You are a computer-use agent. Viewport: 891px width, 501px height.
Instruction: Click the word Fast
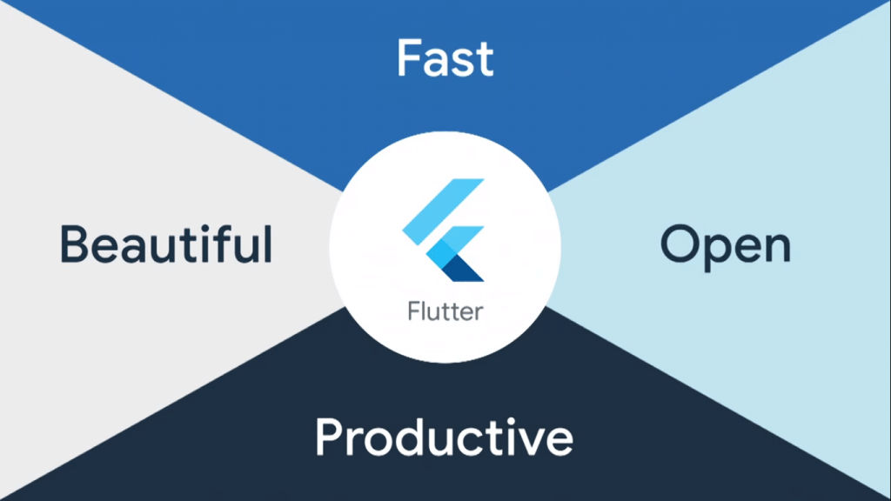point(445,57)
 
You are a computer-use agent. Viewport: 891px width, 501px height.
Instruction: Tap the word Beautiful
point(166,244)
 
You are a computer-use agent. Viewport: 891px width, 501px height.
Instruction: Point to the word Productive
point(444,437)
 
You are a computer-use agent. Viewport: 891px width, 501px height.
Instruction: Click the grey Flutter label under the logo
point(444,311)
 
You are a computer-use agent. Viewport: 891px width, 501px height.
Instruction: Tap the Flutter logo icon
point(444,230)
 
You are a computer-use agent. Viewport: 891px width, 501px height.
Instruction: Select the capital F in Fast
point(409,57)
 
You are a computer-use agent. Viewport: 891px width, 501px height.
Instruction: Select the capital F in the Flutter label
point(413,311)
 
